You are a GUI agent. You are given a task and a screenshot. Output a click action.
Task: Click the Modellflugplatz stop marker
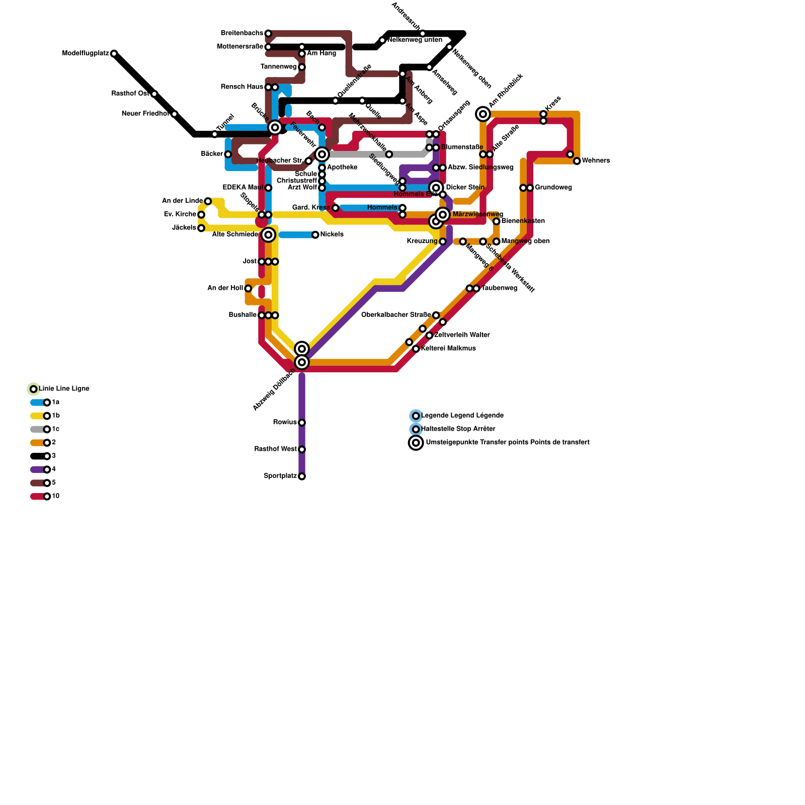coord(114,53)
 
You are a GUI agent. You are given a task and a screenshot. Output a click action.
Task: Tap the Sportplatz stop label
coord(280,476)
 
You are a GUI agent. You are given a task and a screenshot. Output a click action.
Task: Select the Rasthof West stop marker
coord(302,449)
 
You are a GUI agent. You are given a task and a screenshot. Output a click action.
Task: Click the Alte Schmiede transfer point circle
coord(268,234)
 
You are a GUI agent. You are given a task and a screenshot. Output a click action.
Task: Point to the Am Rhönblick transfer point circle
coord(483,114)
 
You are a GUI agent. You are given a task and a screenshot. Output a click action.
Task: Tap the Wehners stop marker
coord(577,161)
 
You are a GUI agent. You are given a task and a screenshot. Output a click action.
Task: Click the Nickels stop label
coord(332,234)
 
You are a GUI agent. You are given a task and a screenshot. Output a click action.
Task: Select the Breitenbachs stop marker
coord(268,34)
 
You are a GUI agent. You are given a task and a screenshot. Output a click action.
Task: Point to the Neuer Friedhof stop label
coord(145,114)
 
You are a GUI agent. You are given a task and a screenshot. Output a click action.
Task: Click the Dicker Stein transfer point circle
coord(436,188)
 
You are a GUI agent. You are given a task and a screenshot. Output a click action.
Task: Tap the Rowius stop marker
coord(302,423)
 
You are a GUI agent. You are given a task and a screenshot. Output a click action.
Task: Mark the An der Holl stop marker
coord(248,288)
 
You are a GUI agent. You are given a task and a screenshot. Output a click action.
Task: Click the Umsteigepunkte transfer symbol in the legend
coord(416,443)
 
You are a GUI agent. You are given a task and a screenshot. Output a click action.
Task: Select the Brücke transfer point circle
coord(275,127)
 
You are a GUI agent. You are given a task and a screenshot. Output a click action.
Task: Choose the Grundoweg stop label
coord(553,188)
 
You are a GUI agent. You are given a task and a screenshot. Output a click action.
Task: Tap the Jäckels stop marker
coord(201,228)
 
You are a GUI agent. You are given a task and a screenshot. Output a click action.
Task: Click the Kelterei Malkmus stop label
coord(448,349)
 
